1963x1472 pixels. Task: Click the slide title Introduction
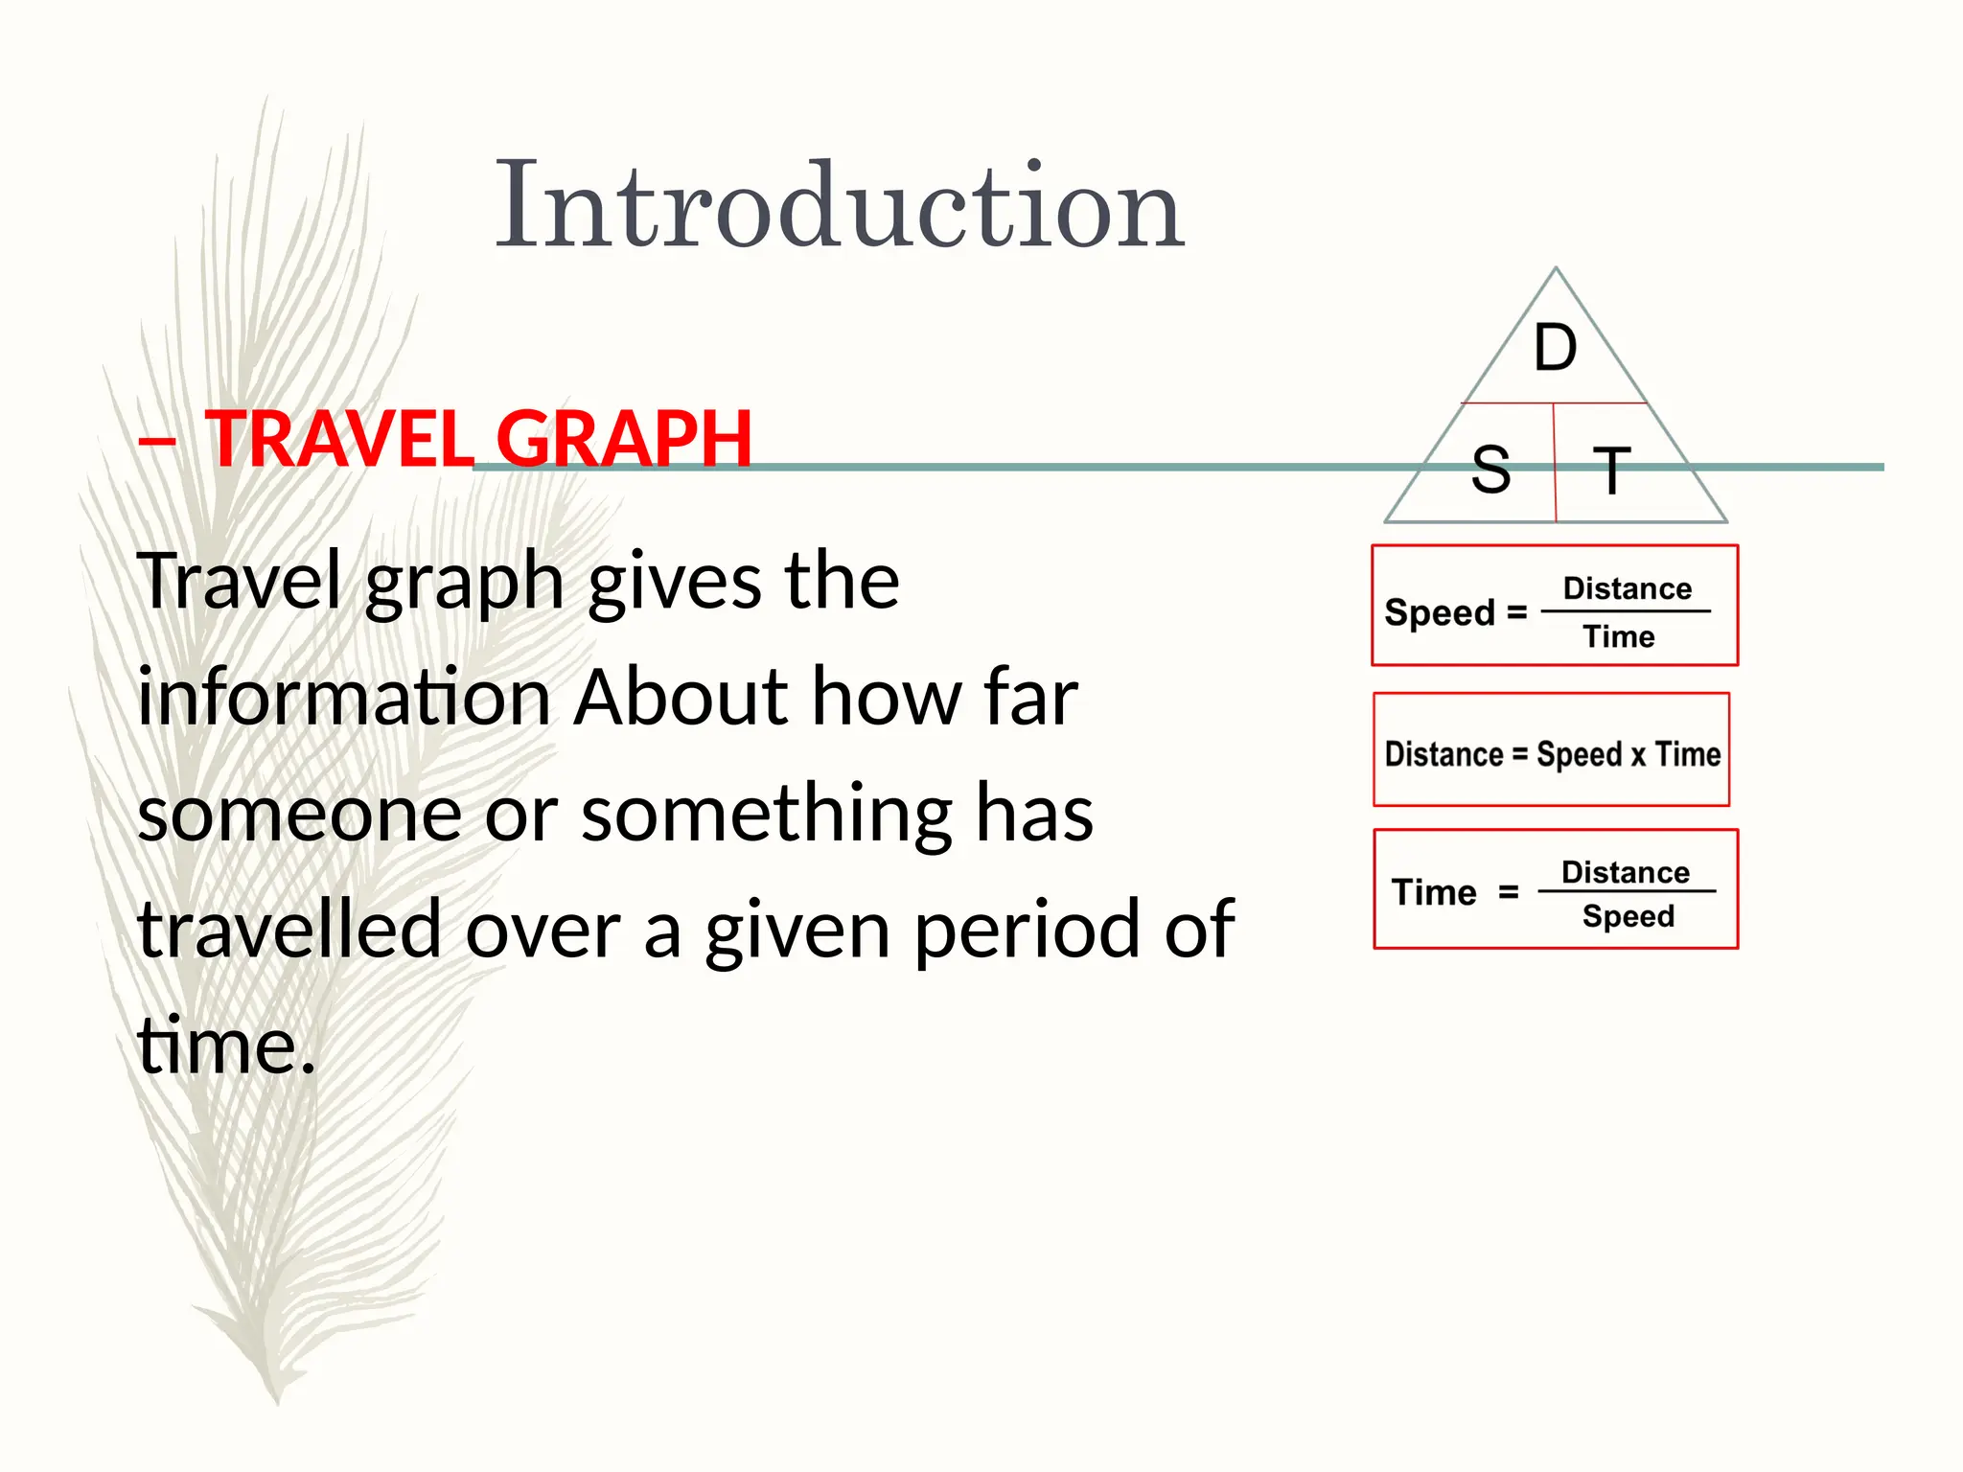pos(840,206)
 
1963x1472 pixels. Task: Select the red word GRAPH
pos(623,439)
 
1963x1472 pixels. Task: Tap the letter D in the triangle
pos(1555,348)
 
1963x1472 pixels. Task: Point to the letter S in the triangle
pos(1490,471)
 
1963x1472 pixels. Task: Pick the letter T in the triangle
pos(1611,471)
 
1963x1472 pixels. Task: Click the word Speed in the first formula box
pos(1440,612)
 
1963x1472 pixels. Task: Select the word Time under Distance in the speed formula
pos(1618,637)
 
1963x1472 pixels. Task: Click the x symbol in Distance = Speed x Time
pos(1638,755)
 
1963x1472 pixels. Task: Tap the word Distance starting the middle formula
pos(1443,755)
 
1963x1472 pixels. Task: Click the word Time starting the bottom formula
pos(1434,893)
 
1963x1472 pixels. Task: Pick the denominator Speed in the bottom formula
pos(1628,917)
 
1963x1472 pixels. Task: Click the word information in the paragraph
pos(342,698)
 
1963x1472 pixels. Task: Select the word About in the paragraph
pos(681,698)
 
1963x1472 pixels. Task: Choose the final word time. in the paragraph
pos(226,1046)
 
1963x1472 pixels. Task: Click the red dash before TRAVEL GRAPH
pos(156,441)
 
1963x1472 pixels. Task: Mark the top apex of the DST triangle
pos(1556,269)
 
